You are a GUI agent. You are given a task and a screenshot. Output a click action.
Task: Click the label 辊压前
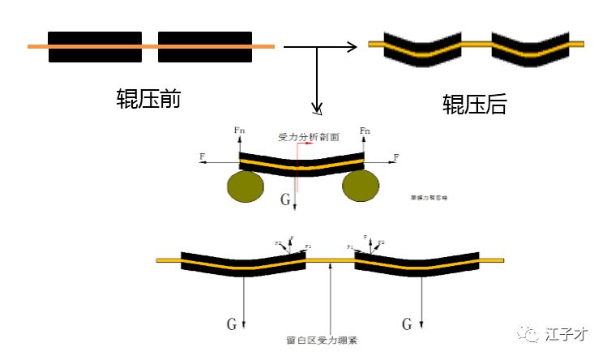[x=148, y=99]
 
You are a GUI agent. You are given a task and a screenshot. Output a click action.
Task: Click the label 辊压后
[x=474, y=104]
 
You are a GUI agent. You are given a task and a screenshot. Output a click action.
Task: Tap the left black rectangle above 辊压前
[x=95, y=47]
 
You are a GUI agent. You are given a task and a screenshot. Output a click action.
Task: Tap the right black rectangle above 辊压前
[x=205, y=47]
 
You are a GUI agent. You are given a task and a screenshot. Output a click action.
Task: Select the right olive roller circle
[x=361, y=186]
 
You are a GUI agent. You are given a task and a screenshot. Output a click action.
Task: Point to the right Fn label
[x=365, y=130]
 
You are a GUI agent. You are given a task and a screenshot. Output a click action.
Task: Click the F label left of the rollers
[x=201, y=155]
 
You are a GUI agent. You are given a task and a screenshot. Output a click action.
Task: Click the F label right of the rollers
[x=396, y=155]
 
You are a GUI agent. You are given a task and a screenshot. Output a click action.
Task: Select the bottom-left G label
[x=232, y=324]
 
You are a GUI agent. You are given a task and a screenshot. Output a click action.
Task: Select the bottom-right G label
[x=407, y=324]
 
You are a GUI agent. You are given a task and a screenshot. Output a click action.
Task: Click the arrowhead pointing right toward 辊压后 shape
[x=352, y=47]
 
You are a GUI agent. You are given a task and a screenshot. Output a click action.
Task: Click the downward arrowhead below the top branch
[x=318, y=109]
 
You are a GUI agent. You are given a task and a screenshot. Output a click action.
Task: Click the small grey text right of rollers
[x=429, y=196]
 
